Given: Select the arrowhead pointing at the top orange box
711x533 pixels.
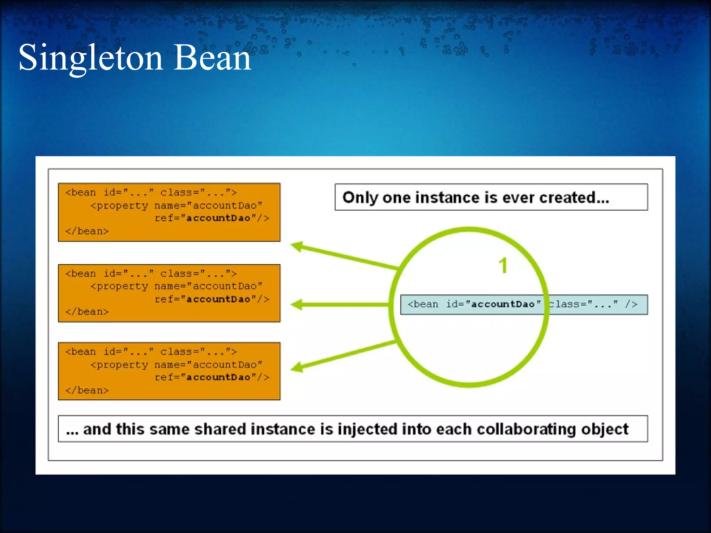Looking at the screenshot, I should coord(297,247).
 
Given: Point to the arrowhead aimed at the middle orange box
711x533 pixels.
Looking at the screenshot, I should coord(297,305).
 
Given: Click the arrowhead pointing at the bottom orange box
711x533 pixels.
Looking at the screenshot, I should coord(297,367).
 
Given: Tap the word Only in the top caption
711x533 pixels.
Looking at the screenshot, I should coord(360,197).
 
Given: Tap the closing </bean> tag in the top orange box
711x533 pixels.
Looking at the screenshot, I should coord(87,231).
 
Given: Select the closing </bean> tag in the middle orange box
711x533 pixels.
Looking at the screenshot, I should coord(87,312).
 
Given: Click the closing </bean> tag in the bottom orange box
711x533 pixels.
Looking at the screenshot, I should coord(87,390).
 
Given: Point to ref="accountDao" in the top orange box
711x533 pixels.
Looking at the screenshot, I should coord(212,218).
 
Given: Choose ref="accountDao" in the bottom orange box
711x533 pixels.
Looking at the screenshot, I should coord(212,377).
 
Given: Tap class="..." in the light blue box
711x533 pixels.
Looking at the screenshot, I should coord(583,304).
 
